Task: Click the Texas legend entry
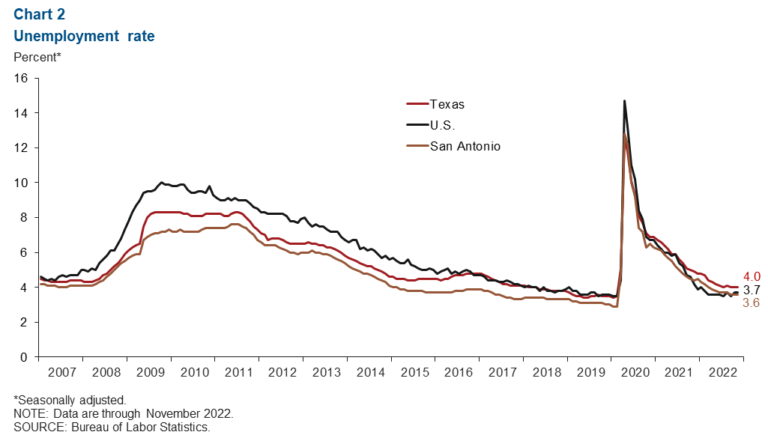coord(447,104)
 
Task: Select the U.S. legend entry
coord(443,125)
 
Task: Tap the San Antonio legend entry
coord(465,146)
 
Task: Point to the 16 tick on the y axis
coord(21,78)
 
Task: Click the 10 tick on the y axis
coord(21,183)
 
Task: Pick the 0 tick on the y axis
coord(25,357)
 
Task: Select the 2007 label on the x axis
coord(61,372)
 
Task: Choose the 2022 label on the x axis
coord(721,372)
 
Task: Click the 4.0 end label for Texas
coord(752,276)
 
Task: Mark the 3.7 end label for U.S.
coord(752,289)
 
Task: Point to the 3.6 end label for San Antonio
coord(752,302)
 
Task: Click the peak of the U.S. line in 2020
coord(624,101)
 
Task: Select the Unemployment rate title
coord(84,35)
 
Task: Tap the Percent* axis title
coord(37,56)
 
